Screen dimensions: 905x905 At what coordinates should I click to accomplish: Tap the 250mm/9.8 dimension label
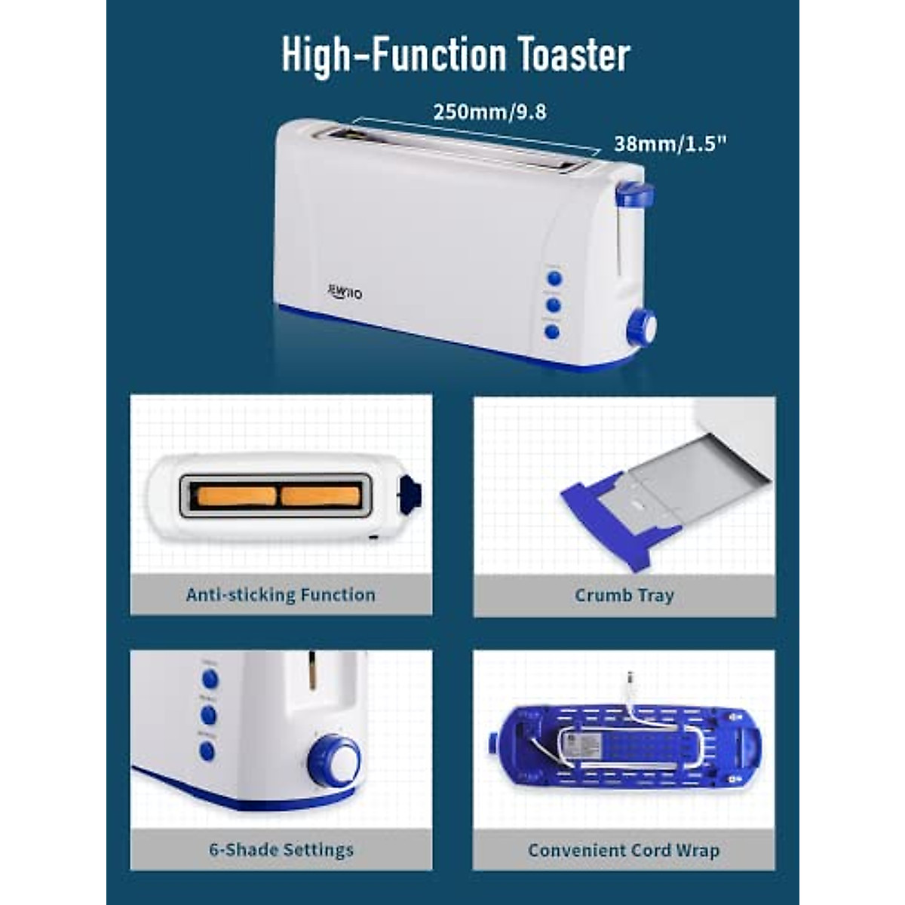click(489, 112)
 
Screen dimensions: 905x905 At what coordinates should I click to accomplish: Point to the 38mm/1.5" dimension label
click(670, 143)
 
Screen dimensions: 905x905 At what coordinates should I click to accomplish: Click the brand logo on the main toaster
click(345, 291)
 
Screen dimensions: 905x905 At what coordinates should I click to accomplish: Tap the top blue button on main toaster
click(554, 278)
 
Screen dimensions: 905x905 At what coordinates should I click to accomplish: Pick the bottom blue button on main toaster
click(552, 331)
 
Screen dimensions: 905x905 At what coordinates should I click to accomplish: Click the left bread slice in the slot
click(236, 496)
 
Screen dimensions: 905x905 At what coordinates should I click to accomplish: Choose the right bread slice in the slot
click(321, 496)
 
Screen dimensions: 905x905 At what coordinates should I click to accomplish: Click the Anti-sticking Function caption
click(281, 595)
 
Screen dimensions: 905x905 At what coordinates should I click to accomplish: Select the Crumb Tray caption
click(624, 595)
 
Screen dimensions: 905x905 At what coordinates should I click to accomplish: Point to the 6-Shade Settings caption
click(281, 850)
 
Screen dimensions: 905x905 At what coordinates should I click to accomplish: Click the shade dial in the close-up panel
click(335, 762)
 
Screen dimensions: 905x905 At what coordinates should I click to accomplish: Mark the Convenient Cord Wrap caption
click(624, 851)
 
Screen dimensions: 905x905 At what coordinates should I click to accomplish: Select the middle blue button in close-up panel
click(209, 715)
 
